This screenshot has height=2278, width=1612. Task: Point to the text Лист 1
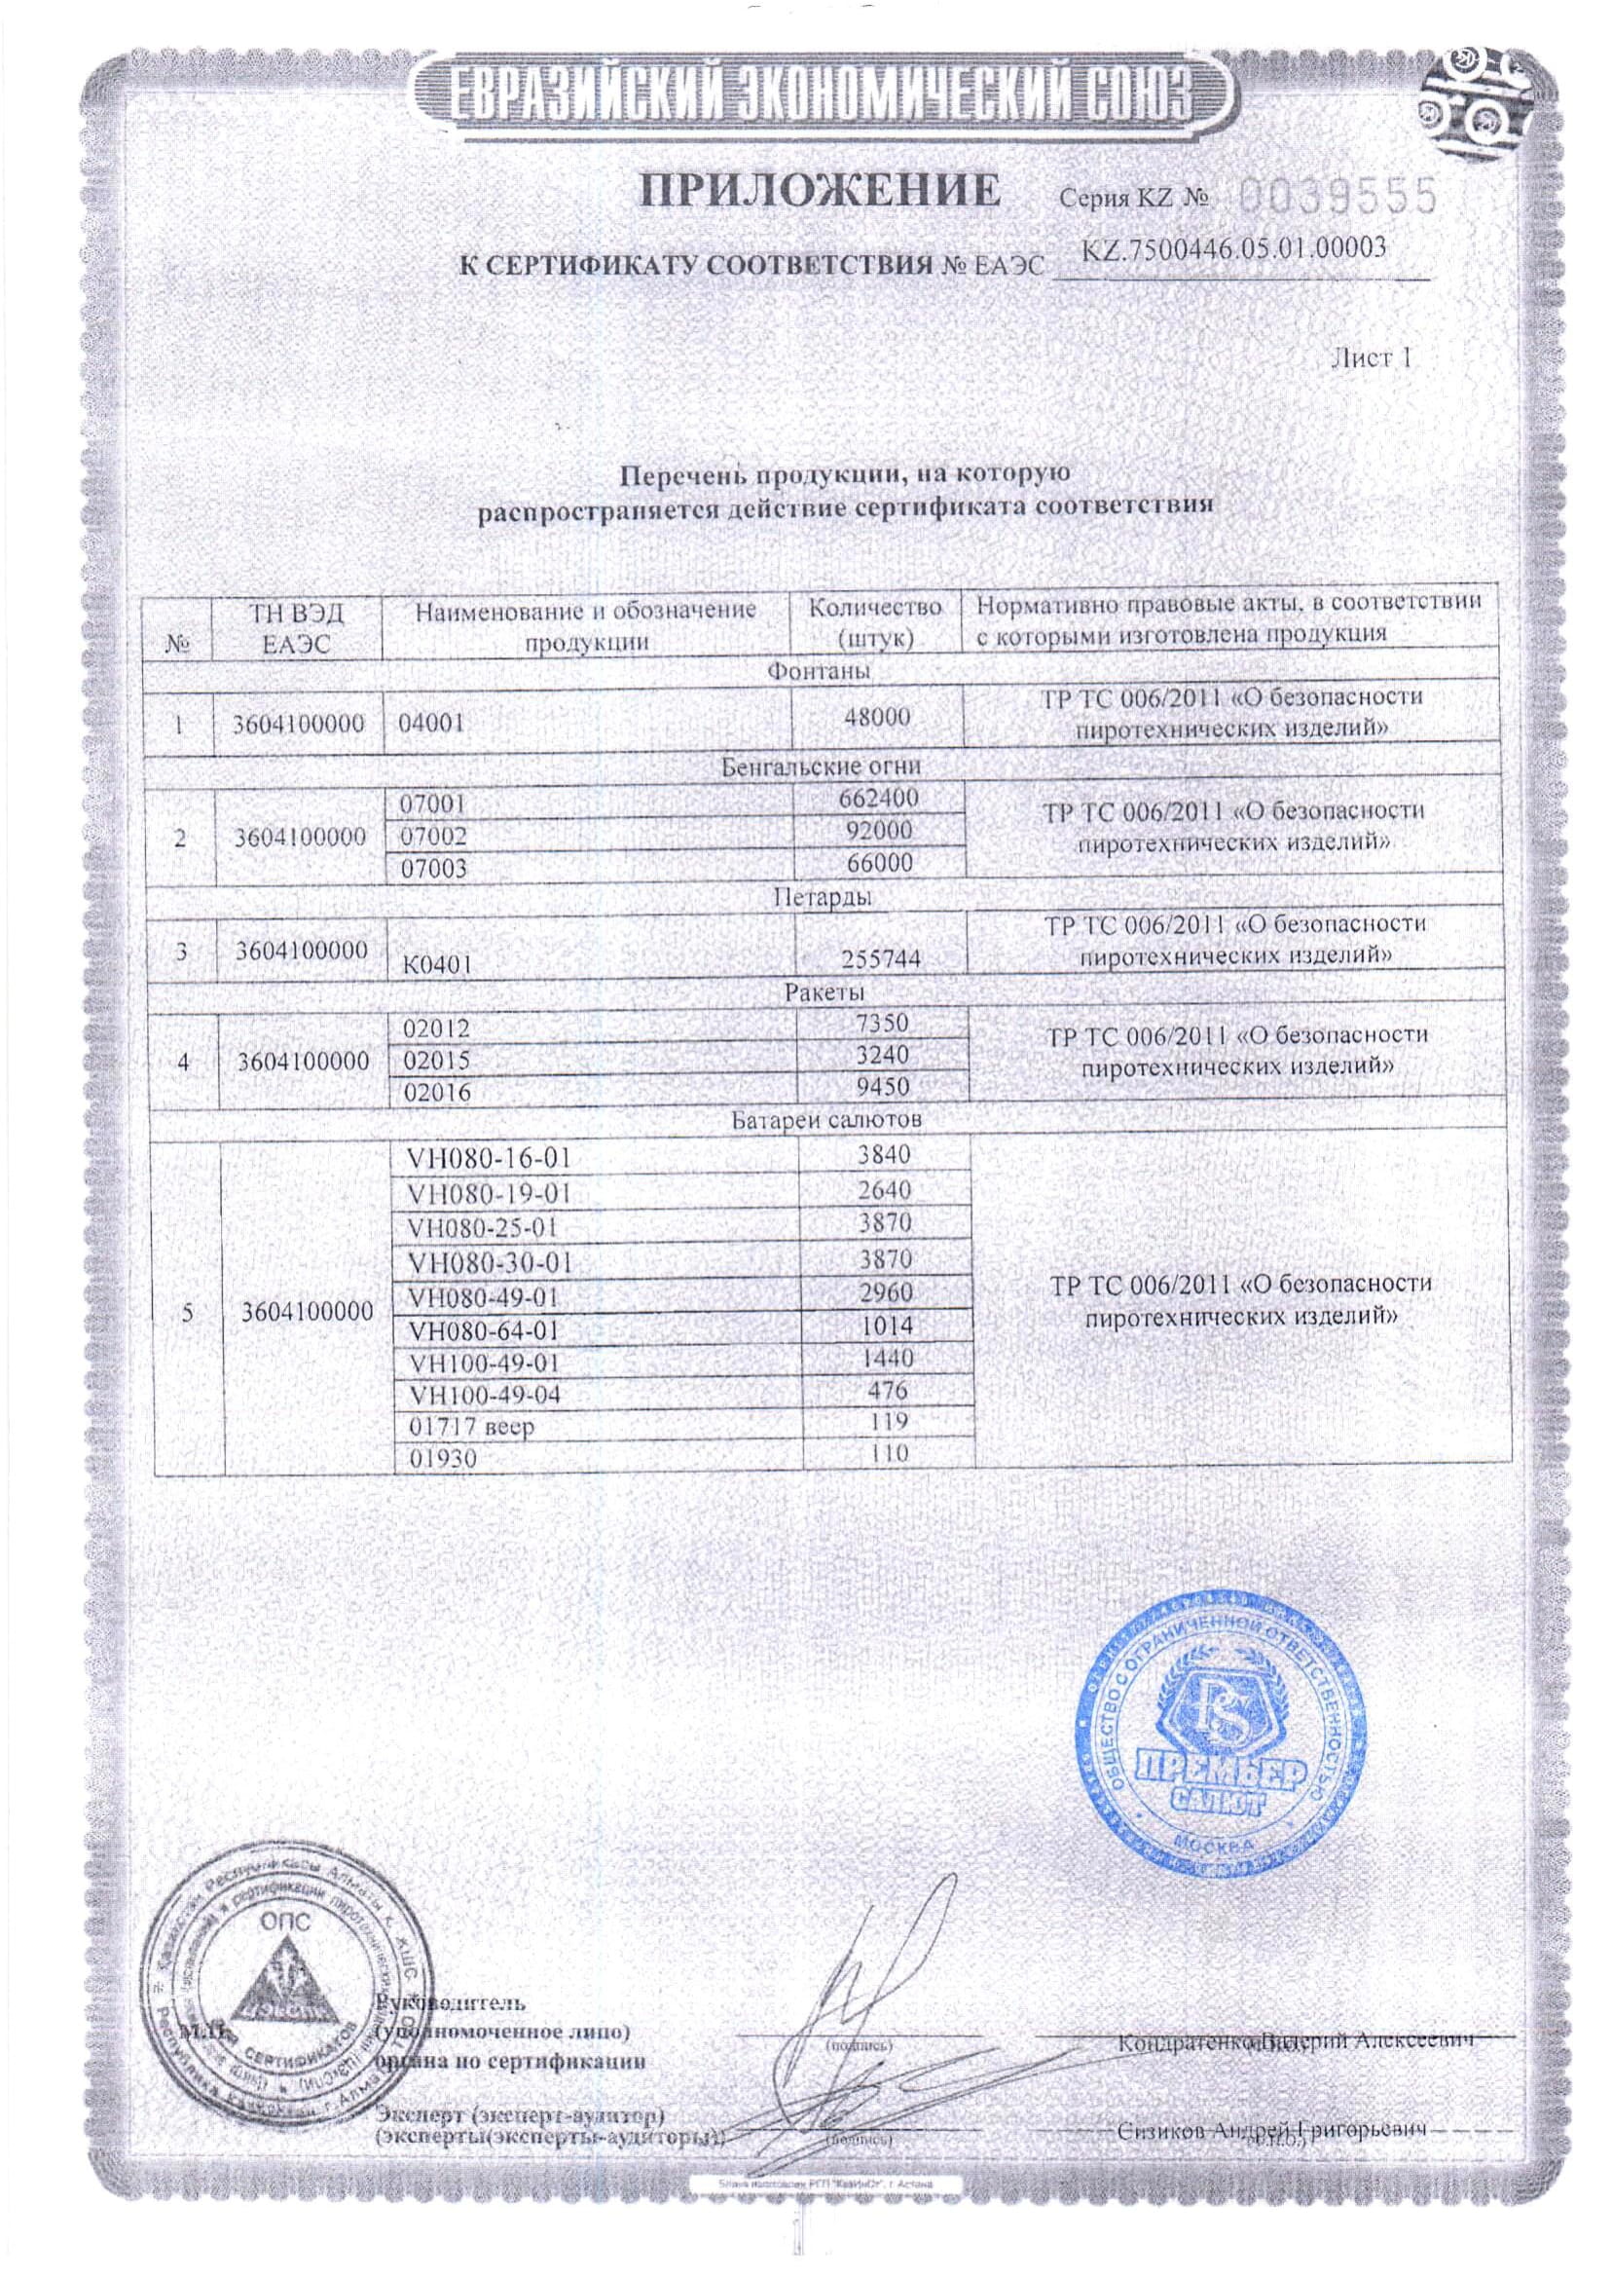coord(1369,358)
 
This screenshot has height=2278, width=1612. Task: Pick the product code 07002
coord(433,837)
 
